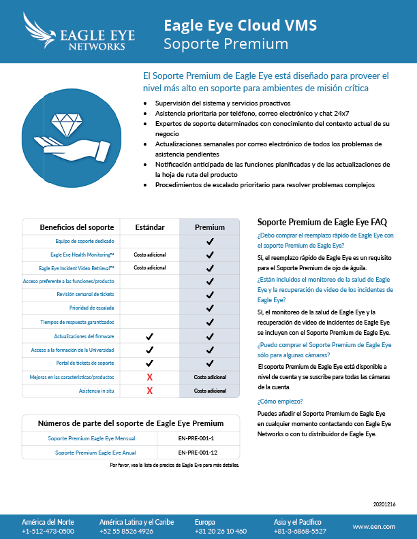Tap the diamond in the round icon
point(69,125)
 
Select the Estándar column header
point(149,227)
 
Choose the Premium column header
point(209,227)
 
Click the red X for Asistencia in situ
point(149,391)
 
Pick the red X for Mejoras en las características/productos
point(149,377)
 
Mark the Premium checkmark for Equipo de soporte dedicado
point(209,241)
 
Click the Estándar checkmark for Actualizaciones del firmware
point(149,336)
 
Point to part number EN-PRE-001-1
point(196,438)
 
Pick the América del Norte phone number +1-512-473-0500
point(48,531)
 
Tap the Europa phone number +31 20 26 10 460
point(221,531)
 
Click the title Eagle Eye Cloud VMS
point(240,26)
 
